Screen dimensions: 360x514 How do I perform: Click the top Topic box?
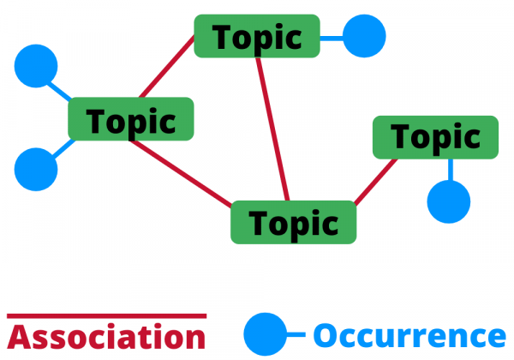(257, 36)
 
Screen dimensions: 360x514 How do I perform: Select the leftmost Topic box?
(130, 120)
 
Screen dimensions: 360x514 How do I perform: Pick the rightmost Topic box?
(435, 137)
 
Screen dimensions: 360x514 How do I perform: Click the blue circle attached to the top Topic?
(365, 37)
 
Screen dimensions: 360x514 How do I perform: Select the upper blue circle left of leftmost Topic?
(36, 67)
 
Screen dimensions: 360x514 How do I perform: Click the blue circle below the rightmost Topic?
(449, 202)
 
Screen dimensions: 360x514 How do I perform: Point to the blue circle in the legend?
(265, 334)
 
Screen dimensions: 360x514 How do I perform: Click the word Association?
(107, 336)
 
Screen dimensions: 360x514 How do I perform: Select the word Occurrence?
(409, 335)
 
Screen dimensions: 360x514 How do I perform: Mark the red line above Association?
(107, 315)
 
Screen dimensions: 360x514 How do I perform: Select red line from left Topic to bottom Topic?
(180, 172)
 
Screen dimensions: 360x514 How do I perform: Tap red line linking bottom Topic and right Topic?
(376, 181)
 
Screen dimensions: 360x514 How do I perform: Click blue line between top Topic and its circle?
(332, 37)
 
